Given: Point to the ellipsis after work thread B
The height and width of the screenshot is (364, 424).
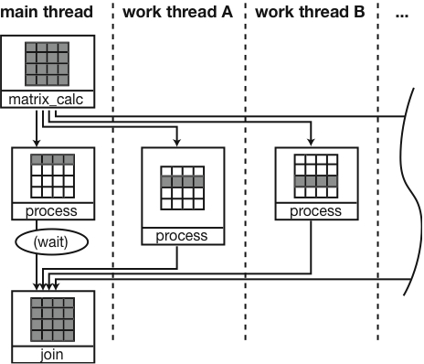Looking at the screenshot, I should [404, 13].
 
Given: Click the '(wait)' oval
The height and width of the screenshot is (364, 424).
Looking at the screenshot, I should [47, 242].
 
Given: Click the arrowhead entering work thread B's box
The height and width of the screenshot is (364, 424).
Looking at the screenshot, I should [309, 142].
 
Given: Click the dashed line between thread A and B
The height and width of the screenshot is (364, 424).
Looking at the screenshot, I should [245, 183].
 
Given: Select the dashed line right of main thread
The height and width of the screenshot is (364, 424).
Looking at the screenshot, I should [112, 183].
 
